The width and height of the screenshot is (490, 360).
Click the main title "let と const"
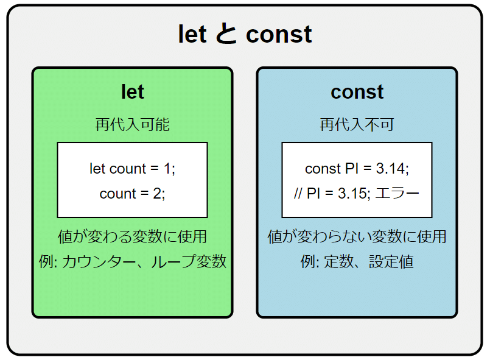(x=245, y=34)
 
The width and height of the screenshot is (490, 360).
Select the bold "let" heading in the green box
(x=133, y=91)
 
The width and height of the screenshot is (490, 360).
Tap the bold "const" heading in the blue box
(x=357, y=92)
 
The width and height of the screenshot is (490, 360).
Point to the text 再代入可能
(x=133, y=124)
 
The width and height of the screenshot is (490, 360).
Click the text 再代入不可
(x=357, y=124)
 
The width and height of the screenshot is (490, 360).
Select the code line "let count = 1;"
(x=133, y=169)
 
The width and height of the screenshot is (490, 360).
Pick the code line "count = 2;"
(x=133, y=194)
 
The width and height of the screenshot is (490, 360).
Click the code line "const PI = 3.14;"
(x=357, y=169)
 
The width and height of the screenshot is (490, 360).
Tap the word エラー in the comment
(x=397, y=193)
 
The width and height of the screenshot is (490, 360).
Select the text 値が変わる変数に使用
(x=133, y=236)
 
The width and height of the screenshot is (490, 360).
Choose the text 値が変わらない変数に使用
(x=357, y=236)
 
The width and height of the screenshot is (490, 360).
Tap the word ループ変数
(x=189, y=261)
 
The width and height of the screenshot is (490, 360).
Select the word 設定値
(x=391, y=261)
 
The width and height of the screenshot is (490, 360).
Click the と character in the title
(x=226, y=34)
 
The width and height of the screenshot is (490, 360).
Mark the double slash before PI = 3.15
(x=298, y=193)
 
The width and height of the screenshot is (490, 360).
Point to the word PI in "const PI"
(x=352, y=168)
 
